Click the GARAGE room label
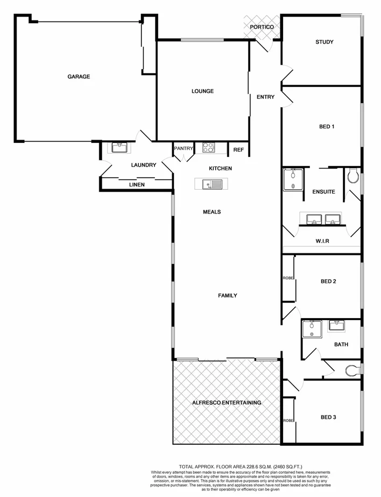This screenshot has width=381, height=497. click(x=79, y=77)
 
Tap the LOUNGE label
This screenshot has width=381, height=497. click(x=203, y=91)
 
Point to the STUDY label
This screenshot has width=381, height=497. click(x=324, y=42)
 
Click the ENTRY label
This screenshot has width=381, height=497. click(x=266, y=97)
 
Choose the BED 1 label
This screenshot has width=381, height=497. click(x=327, y=127)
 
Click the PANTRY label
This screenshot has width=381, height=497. click(x=184, y=149)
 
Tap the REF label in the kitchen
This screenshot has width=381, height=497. click(x=238, y=150)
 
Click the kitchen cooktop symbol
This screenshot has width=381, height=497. click(x=208, y=147)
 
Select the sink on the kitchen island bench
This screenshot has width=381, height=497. click(x=211, y=185)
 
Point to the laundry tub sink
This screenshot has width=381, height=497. click(x=117, y=147)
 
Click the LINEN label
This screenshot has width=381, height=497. click(x=136, y=185)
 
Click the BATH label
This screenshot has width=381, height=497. click(x=341, y=344)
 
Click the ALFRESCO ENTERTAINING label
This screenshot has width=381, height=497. click(x=227, y=403)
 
